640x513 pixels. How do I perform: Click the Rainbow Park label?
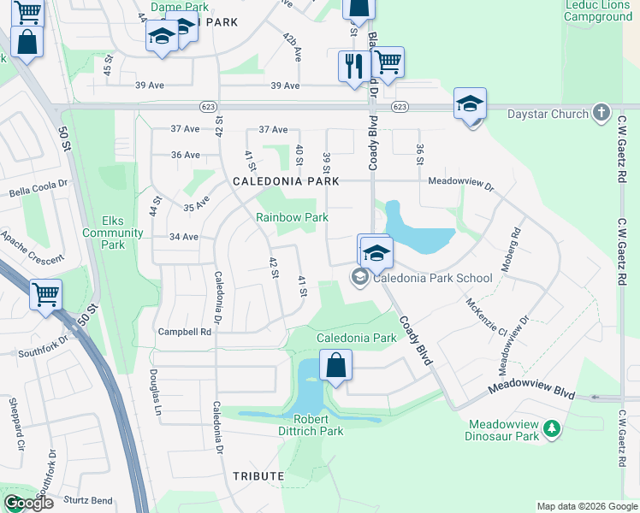(292, 218)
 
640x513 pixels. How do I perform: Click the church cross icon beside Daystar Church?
(601, 113)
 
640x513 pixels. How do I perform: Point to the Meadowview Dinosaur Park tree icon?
(553, 427)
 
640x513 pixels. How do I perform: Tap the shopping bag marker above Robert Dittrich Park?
(336, 365)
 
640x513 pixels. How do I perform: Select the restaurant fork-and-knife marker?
(353, 66)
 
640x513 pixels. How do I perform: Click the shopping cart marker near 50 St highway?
(45, 294)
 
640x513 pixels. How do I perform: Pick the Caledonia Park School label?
(432, 278)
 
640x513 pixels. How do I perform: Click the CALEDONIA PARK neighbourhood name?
(286, 181)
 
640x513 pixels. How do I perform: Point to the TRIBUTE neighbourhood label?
(258, 475)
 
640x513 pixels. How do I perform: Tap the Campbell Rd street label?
(185, 332)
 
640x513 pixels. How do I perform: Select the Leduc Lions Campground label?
(598, 10)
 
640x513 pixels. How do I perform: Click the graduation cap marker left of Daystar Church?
(470, 104)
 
